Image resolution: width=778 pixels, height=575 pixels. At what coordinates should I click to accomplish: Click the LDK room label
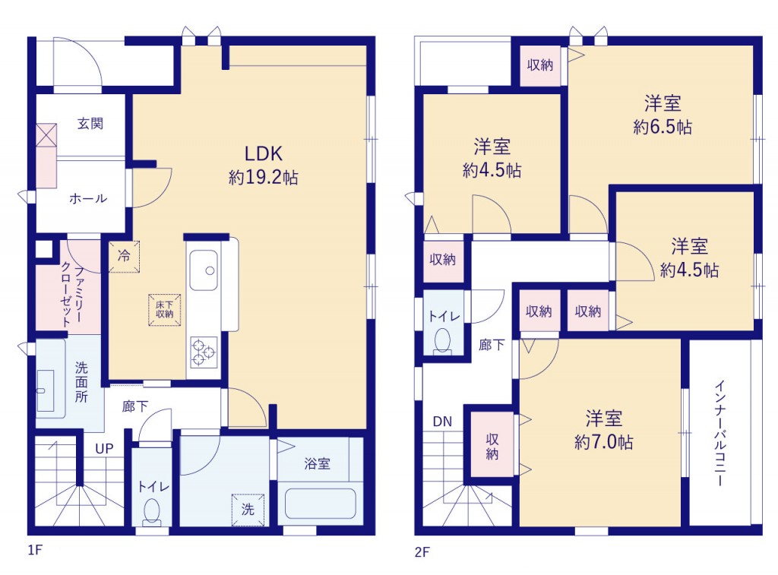264,153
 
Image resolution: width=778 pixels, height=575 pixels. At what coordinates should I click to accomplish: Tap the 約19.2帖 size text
263,177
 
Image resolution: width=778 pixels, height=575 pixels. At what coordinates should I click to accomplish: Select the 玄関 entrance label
90,123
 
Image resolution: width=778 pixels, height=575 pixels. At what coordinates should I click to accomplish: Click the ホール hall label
88,199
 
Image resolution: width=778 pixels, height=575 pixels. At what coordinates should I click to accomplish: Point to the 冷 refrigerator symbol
124,257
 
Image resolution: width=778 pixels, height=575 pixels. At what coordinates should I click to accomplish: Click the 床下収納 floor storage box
165,310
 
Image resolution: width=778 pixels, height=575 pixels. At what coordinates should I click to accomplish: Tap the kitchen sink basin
204,270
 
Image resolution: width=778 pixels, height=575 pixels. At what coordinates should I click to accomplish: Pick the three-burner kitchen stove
204,352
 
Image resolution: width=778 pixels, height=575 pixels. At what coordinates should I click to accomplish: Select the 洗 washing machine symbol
248,510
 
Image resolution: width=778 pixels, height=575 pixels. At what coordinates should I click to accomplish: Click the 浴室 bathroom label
317,464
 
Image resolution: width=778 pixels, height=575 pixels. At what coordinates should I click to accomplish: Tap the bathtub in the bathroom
321,504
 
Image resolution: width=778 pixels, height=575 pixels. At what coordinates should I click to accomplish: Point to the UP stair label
104,449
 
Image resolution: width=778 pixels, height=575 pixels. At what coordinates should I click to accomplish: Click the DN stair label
443,422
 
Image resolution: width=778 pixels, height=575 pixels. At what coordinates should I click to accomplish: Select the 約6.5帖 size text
663,127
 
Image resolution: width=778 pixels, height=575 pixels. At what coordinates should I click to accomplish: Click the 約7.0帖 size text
603,441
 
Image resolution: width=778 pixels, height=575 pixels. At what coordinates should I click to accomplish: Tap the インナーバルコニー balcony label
720,434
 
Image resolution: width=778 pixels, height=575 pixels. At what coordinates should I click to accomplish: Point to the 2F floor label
422,551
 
